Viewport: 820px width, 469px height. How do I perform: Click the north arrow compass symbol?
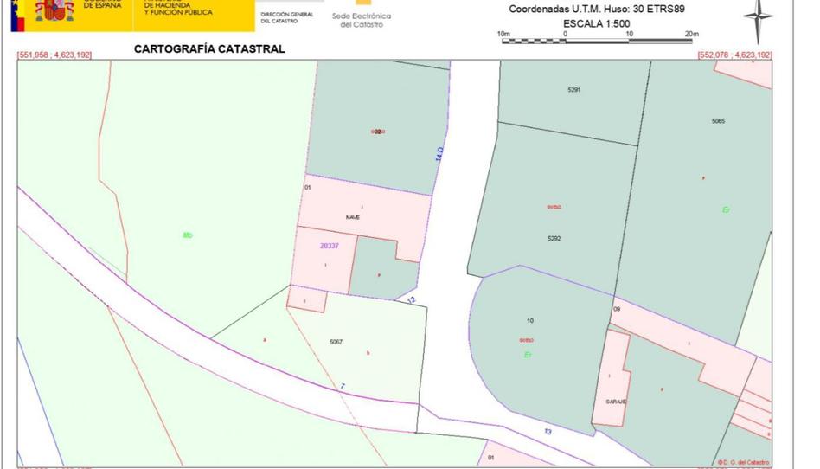pyautogui.click(x=758, y=19)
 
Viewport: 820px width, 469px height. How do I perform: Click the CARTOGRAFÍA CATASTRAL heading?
pyautogui.click(x=208, y=49)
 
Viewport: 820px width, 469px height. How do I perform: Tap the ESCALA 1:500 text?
pyautogui.click(x=596, y=23)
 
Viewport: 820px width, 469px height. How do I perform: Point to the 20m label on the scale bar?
pyautogui.click(x=690, y=34)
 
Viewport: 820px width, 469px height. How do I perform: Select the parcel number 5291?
pyautogui.click(x=574, y=90)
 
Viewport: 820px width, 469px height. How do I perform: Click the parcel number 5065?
pyautogui.click(x=718, y=121)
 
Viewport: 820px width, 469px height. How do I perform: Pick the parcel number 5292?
pyautogui.click(x=554, y=238)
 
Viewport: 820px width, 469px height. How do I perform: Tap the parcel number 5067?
pyautogui.click(x=336, y=342)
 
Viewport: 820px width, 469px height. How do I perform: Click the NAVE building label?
pyautogui.click(x=353, y=217)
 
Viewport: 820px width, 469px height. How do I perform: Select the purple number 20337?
pyautogui.click(x=330, y=246)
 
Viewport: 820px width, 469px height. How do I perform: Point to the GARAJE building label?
pyautogui.click(x=616, y=402)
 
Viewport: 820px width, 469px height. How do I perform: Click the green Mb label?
pyautogui.click(x=188, y=235)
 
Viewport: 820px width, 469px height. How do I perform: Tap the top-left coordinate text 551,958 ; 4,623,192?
pyautogui.click(x=54, y=55)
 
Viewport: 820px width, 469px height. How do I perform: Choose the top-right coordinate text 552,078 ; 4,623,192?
pyautogui.click(x=734, y=55)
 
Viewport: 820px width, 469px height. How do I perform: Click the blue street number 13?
pyautogui.click(x=548, y=431)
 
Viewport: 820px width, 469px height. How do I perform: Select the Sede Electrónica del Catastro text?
pyautogui.click(x=362, y=20)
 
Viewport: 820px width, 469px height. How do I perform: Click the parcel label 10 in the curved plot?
pyautogui.click(x=530, y=321)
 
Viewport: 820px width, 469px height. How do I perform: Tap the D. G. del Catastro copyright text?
pyautogui.click(x=743, y=463)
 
